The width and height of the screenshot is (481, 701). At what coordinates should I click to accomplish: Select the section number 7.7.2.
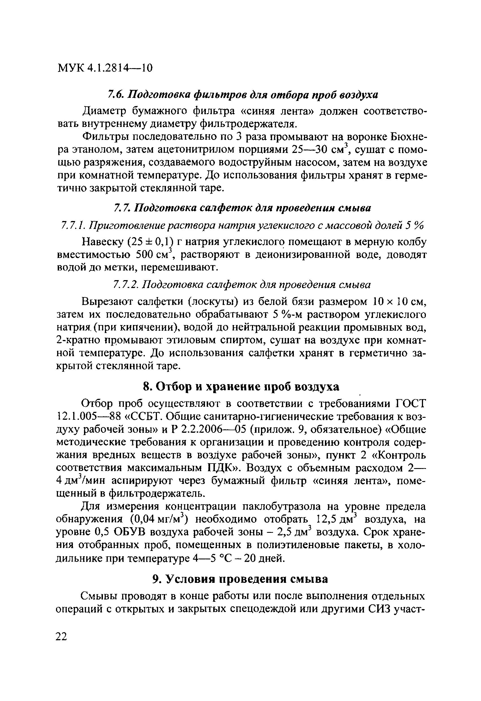(x=126, y=284)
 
